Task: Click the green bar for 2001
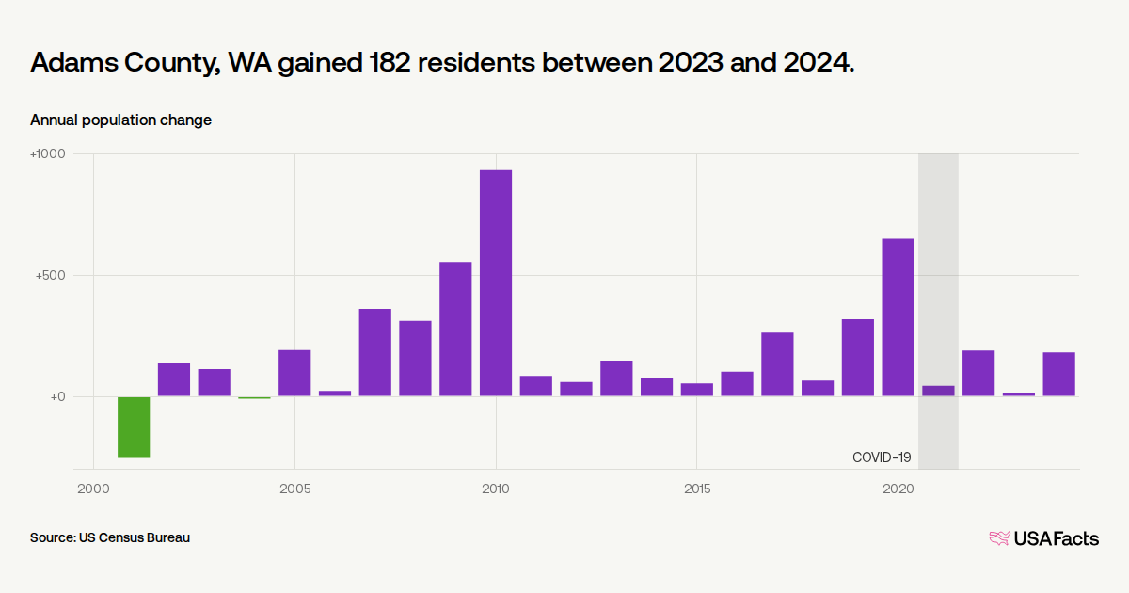(x=134, y=427)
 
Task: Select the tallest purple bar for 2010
(x=496, y=283)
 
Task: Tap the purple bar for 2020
(x=898, y=317)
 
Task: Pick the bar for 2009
(x=455, y=329)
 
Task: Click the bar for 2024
(x=1058, y=374)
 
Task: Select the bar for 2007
(x=374, y=352)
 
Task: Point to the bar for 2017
(x=777, y=364)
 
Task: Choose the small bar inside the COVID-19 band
(x=938, y=391)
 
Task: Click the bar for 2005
(x=294, y=373)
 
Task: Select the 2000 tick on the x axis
(x=93, y=489)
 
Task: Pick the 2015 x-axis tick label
(x=696, y=489)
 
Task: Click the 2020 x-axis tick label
(x=898, y=489)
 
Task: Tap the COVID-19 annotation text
(x=882, y=457)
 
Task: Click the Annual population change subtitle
(x=120, y=120)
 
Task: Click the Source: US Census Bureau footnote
(x=110, y=538)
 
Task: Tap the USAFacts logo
(x=1043, y=538)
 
